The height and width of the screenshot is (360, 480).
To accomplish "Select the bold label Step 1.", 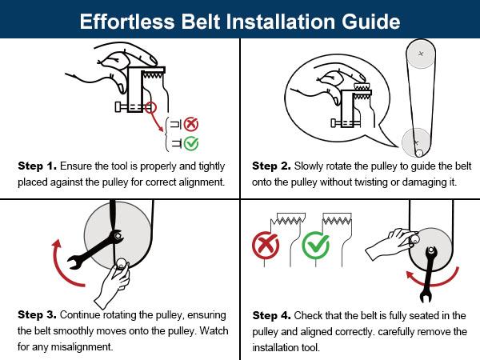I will [37, 166].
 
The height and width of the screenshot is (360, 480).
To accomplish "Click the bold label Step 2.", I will [270, 166].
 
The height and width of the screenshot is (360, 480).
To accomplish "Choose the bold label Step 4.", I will [270, 315].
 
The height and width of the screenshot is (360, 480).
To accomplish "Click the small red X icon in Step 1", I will [191, 124].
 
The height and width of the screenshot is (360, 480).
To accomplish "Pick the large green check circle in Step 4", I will [314, 246].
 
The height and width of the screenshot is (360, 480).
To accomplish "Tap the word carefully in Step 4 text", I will [375, 330].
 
